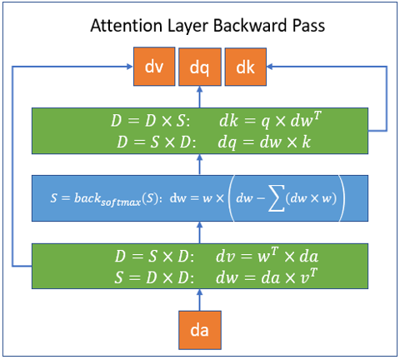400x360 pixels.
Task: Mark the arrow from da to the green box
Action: [x=200, y=300]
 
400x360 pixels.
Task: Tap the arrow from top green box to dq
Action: [x=200, y=97]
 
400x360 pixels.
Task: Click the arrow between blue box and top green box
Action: [x=200, y=165]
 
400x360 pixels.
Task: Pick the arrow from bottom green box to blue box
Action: [x=200, y=232]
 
